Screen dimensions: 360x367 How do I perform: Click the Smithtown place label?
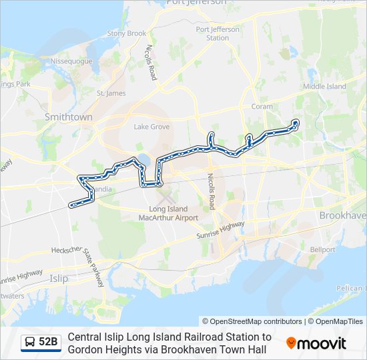click(x=68, y=117)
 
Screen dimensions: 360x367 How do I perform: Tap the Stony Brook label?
click(x=126, y=33)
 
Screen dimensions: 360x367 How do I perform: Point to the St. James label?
click(x=111, y=93)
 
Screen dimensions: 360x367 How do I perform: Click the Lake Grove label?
click(x=151, y=127)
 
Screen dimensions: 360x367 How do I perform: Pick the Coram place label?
click(x=262, y=106)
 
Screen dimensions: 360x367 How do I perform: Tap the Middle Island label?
click(x=324, y=87)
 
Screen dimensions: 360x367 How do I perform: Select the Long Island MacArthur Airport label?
click(x=168, y=213)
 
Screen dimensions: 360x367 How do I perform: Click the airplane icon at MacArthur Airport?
click(x=165, y=197)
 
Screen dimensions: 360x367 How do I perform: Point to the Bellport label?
click(x=322, y=249)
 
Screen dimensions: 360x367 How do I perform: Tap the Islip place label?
click(x=59, y=278)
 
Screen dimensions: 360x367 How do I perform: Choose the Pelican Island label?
click(x=349, y=288)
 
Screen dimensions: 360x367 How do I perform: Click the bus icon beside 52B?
click(x=30, y=343)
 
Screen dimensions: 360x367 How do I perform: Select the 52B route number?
click(x=48, y=343)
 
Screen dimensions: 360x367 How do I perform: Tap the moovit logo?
click(x=316, y=343)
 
